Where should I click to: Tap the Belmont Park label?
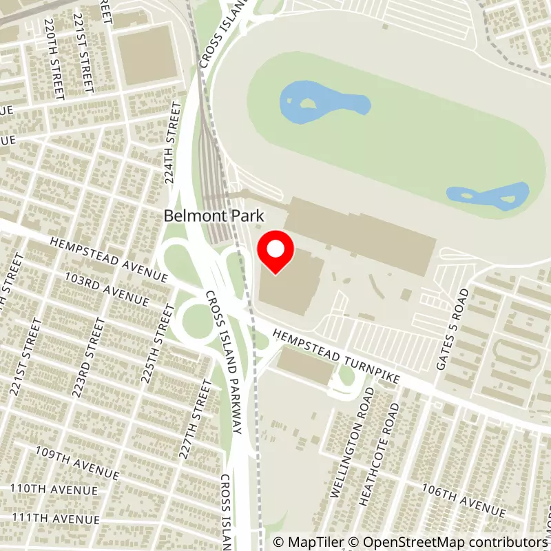coord(214,216)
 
